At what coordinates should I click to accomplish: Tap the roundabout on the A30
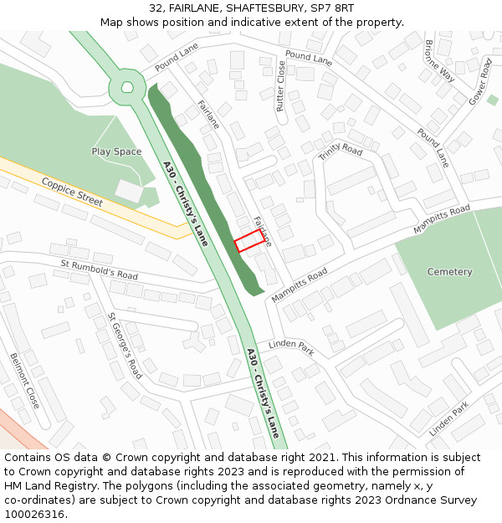point(127,86)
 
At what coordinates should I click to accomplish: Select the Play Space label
point(116,151)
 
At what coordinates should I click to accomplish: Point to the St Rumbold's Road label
point(99,269)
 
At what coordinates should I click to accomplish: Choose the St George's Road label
point(125,346)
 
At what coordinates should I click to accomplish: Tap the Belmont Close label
point(24,381)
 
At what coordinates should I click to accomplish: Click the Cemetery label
point(449,272)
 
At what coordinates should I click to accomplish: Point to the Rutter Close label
point(281,86)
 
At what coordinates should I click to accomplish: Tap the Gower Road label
point(480,80)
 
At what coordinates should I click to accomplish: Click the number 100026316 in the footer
point(34,515)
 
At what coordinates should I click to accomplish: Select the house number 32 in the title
point(156,8)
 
